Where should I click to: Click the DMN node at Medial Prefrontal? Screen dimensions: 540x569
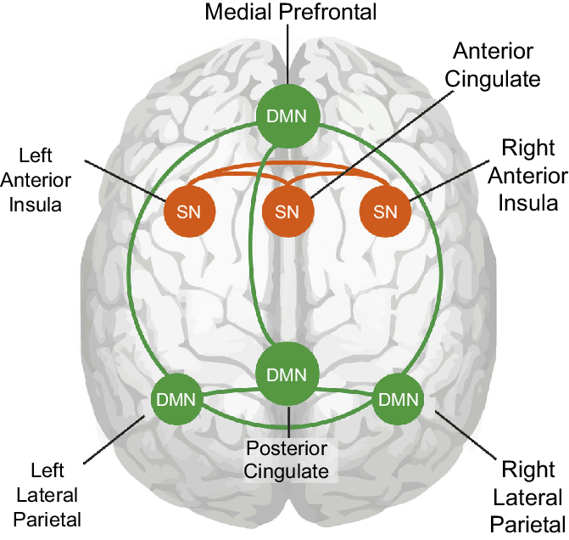tap(287, 116)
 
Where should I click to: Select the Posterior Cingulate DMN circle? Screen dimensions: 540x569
tap(288, 374)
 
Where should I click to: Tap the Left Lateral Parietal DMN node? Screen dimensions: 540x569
tap(176, 398)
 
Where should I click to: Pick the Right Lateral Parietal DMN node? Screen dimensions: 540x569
tap(399, 398)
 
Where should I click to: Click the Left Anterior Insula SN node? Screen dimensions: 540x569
tap(189, 211)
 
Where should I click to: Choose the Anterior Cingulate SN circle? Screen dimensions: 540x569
tap(287, 211)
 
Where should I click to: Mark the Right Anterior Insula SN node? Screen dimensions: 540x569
tap(386, 211)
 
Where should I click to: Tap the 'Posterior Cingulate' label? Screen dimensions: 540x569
tap(288, 458)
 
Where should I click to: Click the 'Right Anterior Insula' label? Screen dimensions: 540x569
tap(528, 176)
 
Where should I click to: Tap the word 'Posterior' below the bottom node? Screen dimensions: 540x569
tap(288, 447)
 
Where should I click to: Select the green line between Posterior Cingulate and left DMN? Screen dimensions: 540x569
tap(229, 391)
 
